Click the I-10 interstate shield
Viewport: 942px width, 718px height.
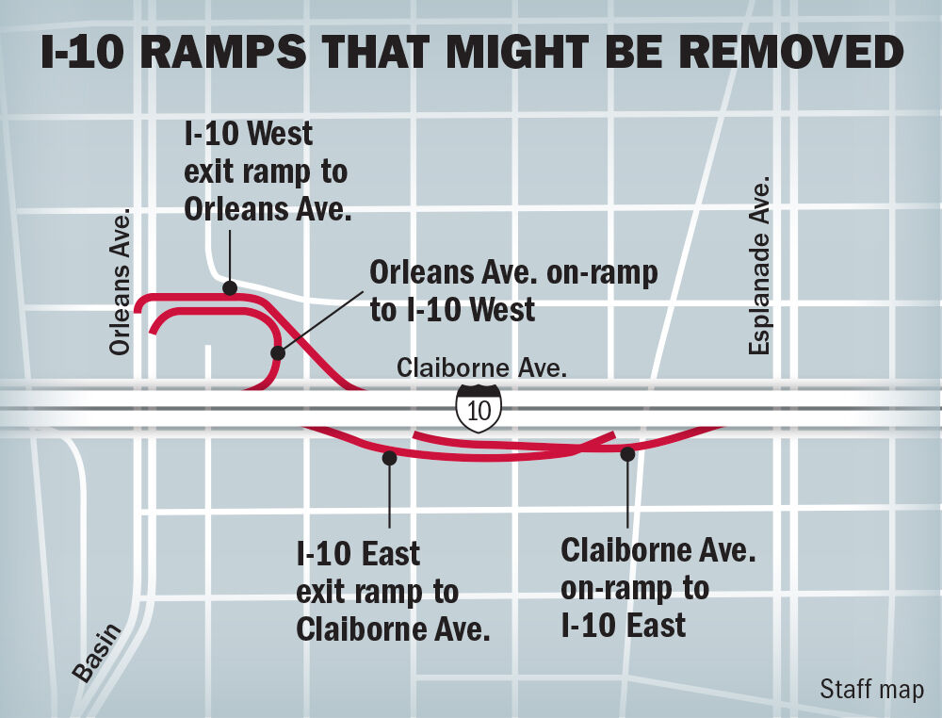(x=479, y=408)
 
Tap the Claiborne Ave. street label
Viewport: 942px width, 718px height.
(x=481, y=367)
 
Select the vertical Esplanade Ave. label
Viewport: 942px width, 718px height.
(x=760, y=266)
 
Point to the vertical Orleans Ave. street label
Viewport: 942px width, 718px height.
(x=122, y=283)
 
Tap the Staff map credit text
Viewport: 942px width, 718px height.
(x=871, y=689)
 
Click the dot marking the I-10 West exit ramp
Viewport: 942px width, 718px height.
(x=228, y=287)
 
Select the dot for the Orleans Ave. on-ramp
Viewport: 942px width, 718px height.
(x=277, y=353)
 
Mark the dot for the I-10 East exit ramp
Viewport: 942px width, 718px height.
(x=388, y=458)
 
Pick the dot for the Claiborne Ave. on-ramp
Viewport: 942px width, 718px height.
(x=627, y=454)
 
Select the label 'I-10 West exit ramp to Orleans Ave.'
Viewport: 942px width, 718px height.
(x=267, y=171)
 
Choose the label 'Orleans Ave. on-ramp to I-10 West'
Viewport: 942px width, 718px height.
(x=513, y=290)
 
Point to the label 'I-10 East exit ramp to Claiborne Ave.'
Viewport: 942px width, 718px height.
(x=393, y=592)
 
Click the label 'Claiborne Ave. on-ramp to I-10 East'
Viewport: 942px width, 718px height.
(x=658, y=587)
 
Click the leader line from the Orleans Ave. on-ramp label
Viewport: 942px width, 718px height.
(x=320, y=321)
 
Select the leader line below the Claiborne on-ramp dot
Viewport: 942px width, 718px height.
(x=627, y=495)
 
